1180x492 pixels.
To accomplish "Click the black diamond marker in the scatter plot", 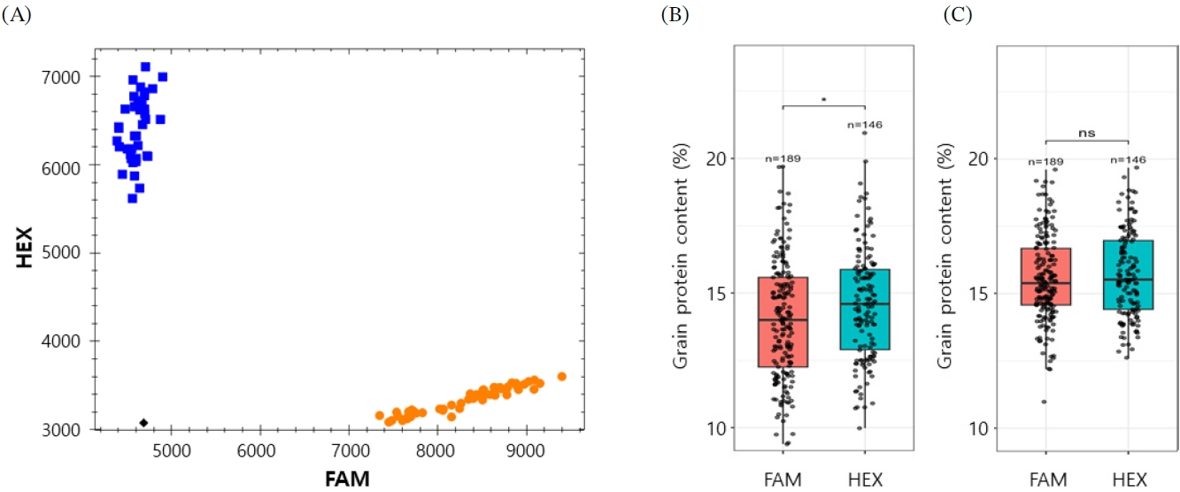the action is tap(143, 422).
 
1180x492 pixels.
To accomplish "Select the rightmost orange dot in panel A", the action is tap(561, 376).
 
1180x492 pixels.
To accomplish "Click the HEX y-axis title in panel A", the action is tap(24, 247).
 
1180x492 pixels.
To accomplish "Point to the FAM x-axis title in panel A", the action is tap(347, 479).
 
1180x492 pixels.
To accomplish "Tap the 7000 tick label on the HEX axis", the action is tap(61, 78).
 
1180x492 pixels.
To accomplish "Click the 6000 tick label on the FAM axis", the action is tap(256, 451).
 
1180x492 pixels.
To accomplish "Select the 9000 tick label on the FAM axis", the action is tap(525, 451).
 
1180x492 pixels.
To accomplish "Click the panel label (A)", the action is tap(16, 15).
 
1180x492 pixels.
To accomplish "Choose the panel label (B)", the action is tap(675, 15).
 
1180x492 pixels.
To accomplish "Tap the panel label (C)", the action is tap(957, 15).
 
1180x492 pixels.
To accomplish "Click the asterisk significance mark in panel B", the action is tap(824, 100).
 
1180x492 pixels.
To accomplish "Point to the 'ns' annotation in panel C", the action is tap(1087, 134).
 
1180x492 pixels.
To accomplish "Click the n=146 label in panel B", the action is tap(865, 125).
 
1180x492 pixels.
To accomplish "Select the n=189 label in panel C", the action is tap(1045, 162).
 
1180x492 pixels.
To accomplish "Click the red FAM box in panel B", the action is tap(783, 322).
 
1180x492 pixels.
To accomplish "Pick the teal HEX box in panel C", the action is tap(1129, 274).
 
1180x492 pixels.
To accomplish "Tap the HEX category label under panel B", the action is tap(865, 480).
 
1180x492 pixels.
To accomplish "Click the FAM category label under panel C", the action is tap(1048, 480).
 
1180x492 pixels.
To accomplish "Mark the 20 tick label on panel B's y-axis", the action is tap(716, 158).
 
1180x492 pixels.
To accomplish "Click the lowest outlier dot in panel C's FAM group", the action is tap(1044, 402).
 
